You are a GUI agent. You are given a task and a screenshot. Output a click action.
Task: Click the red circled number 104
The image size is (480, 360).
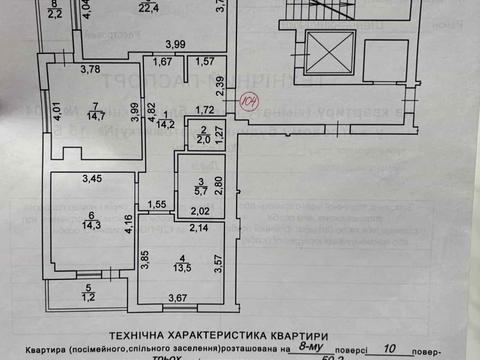(249, 100)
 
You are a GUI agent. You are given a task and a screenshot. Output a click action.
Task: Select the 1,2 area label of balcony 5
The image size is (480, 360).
(89, 297)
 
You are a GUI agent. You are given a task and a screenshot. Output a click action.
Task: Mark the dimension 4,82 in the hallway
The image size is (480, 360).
(151, 110)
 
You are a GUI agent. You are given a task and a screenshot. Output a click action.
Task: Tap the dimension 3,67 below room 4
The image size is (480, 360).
(178, 298)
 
